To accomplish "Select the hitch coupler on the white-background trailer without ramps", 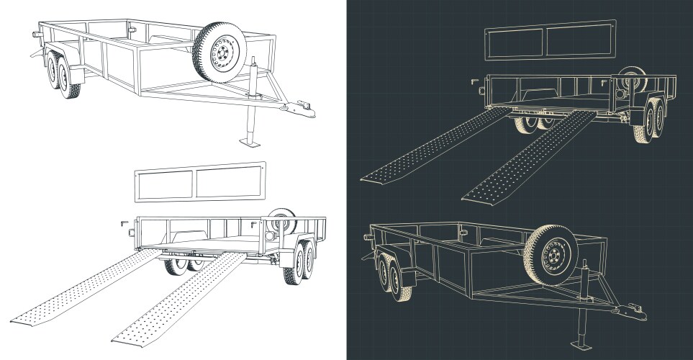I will tap(302, 110).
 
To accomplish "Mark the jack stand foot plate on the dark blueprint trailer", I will tap(580, 344).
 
